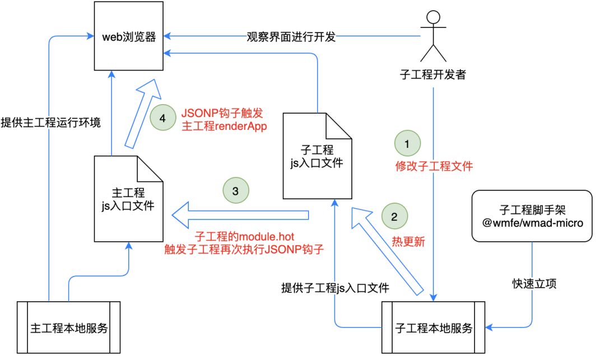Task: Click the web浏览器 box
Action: click(x=128, y=38)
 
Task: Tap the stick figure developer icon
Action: click(x=433, y=37)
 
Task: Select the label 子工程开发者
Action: click(x=433, y=74)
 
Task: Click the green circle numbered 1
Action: click(x=407, y=144)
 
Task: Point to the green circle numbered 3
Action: click(x=235, y=190)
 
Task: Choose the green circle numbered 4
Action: click(x=162, y=118)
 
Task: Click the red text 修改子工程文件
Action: click(x=434, y=166)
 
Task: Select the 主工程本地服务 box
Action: click(x=68, y=328)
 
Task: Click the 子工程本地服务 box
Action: click(x=433, y=328)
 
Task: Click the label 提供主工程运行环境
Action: click(x=51, y=122)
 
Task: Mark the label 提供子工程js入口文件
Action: click(x=335, y=288)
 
